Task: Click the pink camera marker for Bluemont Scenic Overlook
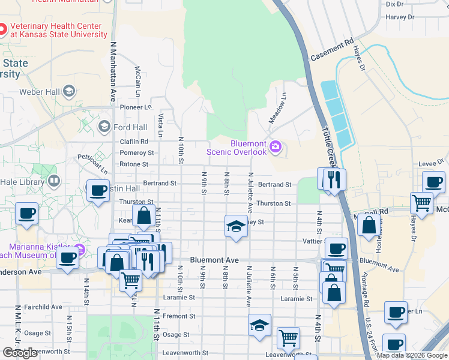coord(276,146)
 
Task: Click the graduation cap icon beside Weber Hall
coord(69,91)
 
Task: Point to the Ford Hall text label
coord(130,127)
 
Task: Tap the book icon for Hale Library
coord(54,180)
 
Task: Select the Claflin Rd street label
coord(133,142)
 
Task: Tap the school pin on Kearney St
coord(236,226)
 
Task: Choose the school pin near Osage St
coord(259,325)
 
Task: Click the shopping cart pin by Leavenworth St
coord(288,338)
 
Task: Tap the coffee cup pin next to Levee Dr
coord(433,181)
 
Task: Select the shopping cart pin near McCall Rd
coord(421,203)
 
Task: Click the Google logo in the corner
coord(20,353)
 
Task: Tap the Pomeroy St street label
coord(133,153)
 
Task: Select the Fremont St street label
coord(175,316)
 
